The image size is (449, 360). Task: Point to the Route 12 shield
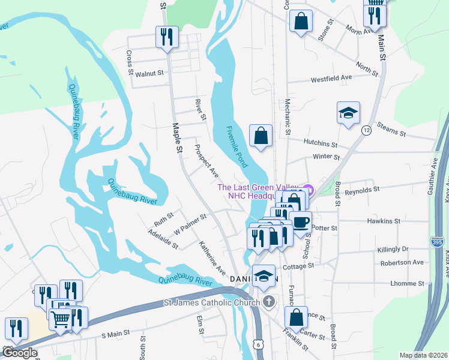pos(366,130)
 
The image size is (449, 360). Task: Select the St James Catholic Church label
pos(212,303)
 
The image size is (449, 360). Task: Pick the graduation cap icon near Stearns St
pos(348,113)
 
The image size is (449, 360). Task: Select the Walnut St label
pos(149,73)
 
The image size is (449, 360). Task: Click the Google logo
pos(19,353)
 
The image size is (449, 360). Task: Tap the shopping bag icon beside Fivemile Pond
pos(261,136)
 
